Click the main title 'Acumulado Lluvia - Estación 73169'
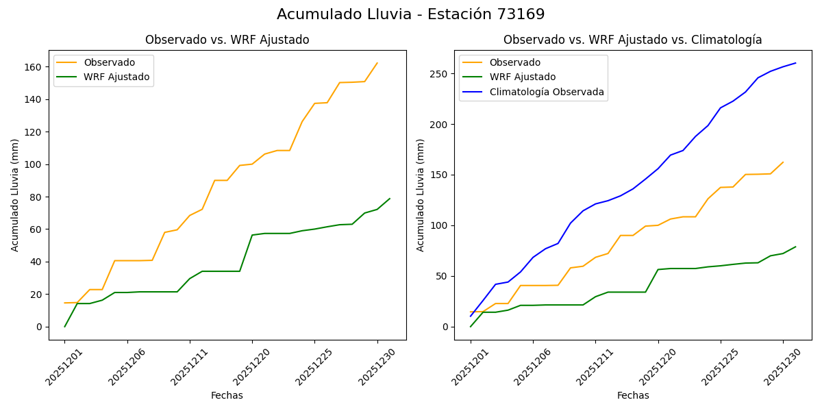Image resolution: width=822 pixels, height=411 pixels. pyautogui.click(x=411, y=14)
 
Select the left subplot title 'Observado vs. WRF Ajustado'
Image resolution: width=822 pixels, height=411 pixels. pyautogui.click(x=227, y=40)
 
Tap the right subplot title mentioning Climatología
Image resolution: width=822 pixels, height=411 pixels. pyautogui.click(x=632, y=40)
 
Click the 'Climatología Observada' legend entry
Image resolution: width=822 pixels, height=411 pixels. pyautogui.click(x=546, y=92)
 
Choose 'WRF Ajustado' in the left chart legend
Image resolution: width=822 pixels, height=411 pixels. pyautogui.click(x=116, y=77)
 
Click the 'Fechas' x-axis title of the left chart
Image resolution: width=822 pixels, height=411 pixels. pyautogui.click(x=227, y=395)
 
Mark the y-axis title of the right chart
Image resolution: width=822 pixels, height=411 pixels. pyautogui.click(x=421, y=195)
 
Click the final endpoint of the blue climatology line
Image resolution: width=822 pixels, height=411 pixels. pyautogui.click(x=795, y=63)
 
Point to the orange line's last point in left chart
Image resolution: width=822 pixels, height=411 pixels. pyautogui.click(x=377, y=63)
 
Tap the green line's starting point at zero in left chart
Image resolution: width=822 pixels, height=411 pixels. pyautogui.click(x=65, y=326)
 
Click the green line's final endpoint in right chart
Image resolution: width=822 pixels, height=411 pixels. pyautogui.click(x=795, y=247)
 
